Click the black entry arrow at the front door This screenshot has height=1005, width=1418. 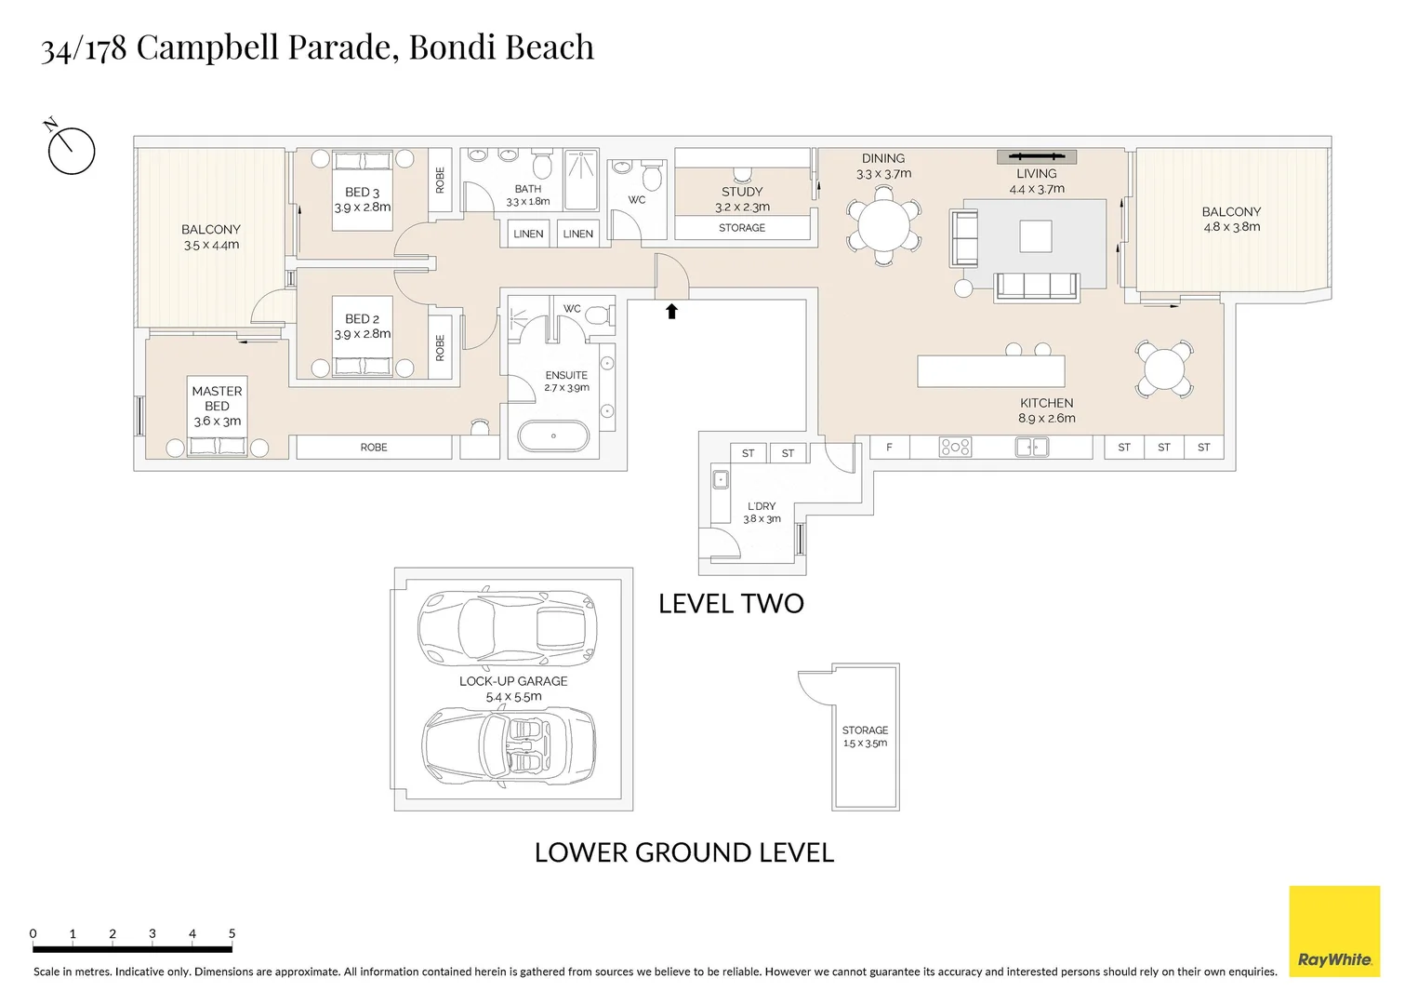(671, 311)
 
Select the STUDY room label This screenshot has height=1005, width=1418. (742, 192)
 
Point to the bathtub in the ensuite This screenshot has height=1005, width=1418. (553, 435)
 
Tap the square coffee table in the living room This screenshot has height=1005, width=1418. (1036, 236)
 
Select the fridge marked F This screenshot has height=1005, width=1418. (890, 448)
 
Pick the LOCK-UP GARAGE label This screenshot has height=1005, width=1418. (513, 681)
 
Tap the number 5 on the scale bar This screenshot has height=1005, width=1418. (232, 933)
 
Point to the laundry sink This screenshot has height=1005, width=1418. (721, 479)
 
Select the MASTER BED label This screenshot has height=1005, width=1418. (218, 398)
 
